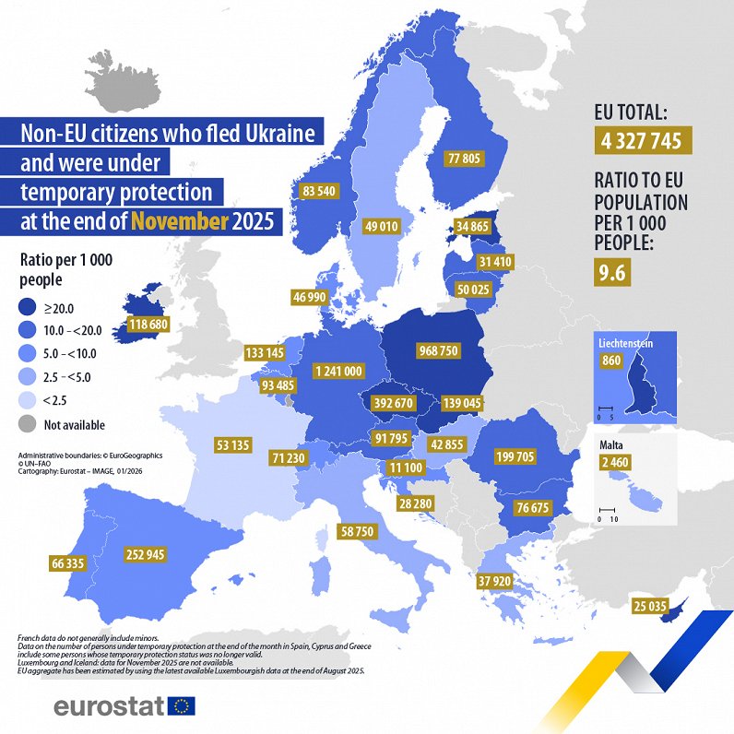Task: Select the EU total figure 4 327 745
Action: point(643,141)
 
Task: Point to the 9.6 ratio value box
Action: point(612,272)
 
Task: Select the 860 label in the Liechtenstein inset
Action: point(610,361)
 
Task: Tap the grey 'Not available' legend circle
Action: point(31,425)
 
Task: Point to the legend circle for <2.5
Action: point(31,401)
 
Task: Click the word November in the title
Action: point(179,221)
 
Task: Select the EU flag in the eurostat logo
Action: point(182,706)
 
